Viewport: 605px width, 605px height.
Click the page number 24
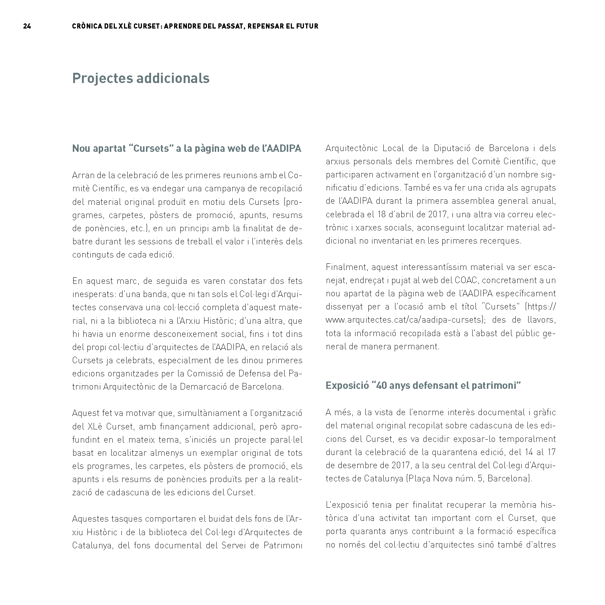27,26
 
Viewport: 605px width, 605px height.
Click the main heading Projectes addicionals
141,78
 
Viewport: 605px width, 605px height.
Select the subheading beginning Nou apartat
187,149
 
